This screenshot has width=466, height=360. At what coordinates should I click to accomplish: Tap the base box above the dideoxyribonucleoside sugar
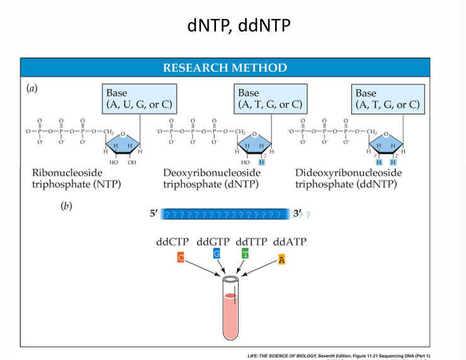pyautogui.click(x=387, y=98)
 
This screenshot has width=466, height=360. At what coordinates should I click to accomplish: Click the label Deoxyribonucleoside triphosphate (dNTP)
pyautogui.click(x=211, y=178)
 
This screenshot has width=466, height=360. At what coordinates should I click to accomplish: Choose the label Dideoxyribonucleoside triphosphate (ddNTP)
pyautogui.click(x=348, y=178)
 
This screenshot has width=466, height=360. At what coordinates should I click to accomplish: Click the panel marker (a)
pyautogui.click(x=31, y=89)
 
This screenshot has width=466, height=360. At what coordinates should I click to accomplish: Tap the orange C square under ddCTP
pyautogui.click(x=181, y=258)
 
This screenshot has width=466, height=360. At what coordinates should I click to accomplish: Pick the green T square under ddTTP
pyautogui.click(x=246, y=254)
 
